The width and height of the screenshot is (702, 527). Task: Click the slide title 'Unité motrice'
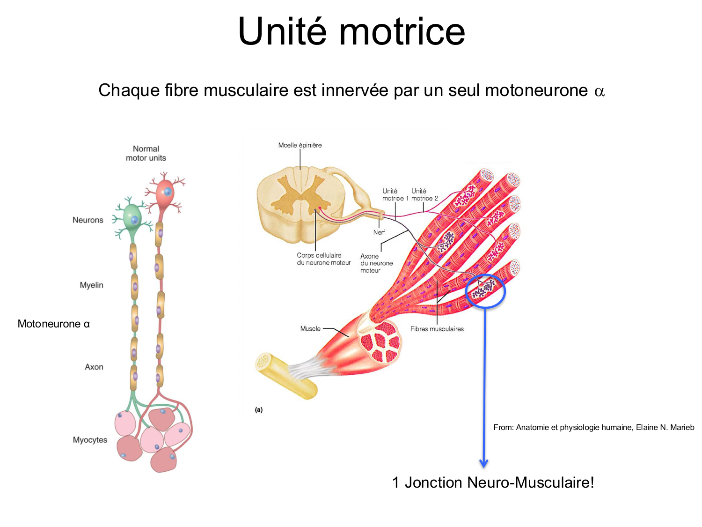[x=351, y=32]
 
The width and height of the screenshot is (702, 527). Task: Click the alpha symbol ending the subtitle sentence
[x=599, y=91]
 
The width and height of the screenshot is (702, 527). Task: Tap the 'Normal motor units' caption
[x=146, y=153]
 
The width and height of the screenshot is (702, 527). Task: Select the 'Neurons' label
[x=88, y=220]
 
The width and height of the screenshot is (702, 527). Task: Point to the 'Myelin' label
[x=91, y=285]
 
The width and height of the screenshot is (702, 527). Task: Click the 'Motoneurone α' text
[x=53, y=324]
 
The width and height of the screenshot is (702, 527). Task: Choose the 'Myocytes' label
[x=90, y=440]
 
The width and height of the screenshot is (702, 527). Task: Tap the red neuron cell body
[x=165, y=193]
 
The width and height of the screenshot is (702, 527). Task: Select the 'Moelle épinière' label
[x=300, y=145]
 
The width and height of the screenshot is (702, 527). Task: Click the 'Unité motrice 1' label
[x=395, y=195]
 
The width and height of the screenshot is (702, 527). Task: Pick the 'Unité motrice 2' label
[x=424, y=195]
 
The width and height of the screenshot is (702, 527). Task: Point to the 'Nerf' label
[x=379, y=232]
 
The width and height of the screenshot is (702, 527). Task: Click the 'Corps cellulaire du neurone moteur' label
[x=323, y=259]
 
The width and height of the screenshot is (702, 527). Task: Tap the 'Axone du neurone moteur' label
[x=376, y=263]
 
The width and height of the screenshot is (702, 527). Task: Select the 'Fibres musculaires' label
[x=437, y=329]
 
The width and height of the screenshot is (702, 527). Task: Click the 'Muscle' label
[x=310, y=328]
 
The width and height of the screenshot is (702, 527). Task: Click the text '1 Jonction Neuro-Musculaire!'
[x=493, y=482]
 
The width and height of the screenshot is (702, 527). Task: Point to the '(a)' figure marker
[x=259, y=410]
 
